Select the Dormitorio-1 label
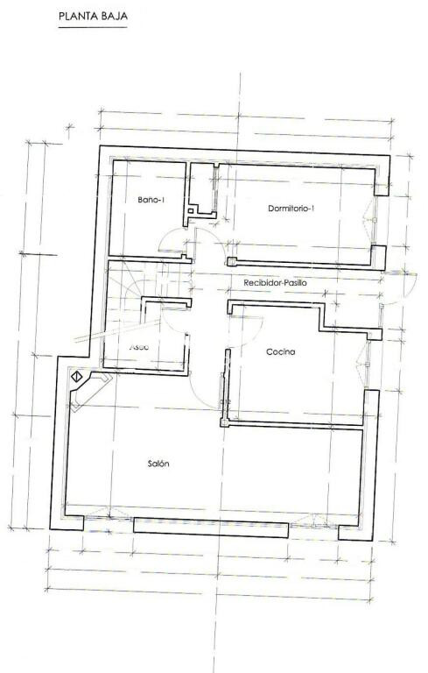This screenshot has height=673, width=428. tap(291, 208)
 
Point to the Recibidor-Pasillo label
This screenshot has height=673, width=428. tap(275, 283)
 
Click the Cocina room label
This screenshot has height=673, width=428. tap(281, 351)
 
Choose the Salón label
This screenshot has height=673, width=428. tap(158, 464)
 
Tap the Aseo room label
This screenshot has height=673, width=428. tap(140, 347)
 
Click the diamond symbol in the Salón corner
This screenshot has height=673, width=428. tap(76, 376)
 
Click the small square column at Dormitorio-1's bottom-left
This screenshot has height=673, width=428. tap(231, 260)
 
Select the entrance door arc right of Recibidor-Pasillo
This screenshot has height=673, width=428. tap(399, 289)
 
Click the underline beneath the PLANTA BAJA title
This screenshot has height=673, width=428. tap(92, 27)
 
